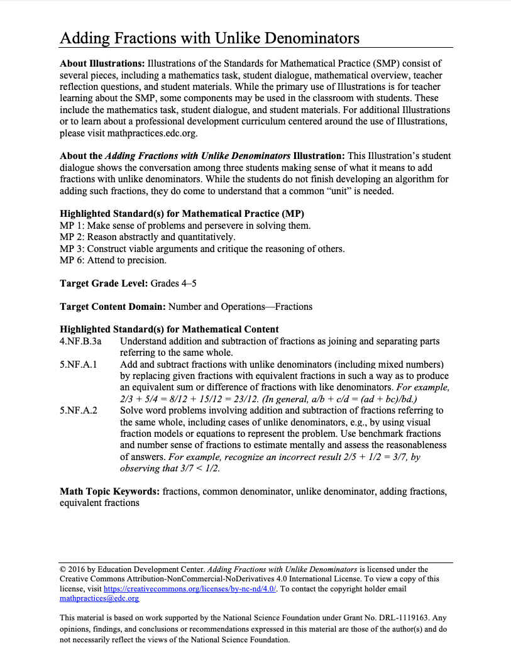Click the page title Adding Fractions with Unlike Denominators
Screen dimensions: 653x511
209,38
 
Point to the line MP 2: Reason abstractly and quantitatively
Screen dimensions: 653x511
148,237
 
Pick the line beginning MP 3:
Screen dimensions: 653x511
202,248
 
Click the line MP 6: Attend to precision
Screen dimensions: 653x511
113,260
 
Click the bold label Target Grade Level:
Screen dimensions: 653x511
104,283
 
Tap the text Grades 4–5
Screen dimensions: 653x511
173,283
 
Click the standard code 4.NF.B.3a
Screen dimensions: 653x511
80,341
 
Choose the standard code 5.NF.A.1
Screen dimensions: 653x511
78,365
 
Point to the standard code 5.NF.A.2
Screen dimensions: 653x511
78,410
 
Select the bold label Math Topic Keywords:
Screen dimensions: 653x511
110,491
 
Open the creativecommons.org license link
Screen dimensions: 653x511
189,589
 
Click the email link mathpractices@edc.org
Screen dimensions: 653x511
99,599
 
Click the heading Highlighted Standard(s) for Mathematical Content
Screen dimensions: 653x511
169,329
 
